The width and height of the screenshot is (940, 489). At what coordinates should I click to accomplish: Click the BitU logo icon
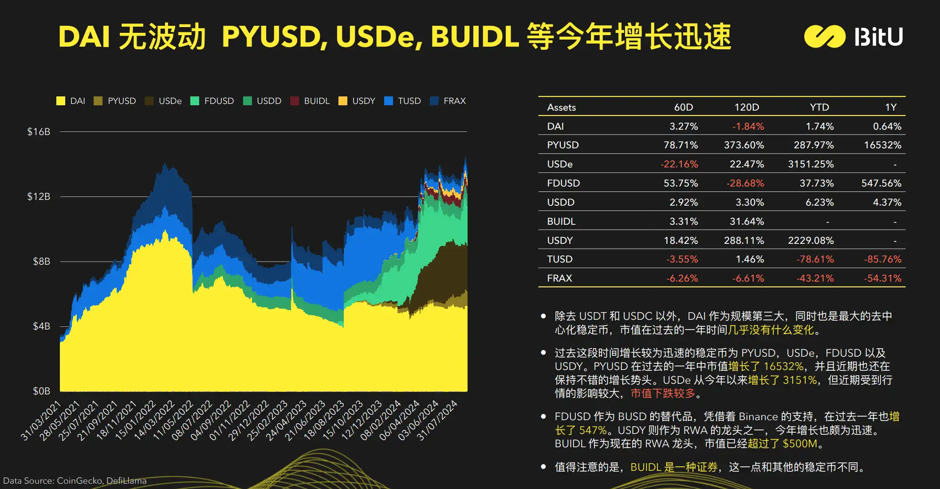point(825,36)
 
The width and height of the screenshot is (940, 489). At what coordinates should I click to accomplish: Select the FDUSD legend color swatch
point(194,101)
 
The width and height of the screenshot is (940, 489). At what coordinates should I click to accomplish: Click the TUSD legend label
point(409,101)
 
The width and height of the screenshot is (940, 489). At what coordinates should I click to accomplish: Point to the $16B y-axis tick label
point(39,131)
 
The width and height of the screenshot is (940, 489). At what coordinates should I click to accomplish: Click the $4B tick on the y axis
point(41,326)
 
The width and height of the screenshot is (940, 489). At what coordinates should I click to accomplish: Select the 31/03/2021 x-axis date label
point(41,420)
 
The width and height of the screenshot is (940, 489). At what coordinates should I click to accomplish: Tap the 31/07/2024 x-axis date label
point(437,420)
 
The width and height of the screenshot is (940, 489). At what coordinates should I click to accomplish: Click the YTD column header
point(819,107)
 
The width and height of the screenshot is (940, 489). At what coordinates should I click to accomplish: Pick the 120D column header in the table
point(747,107)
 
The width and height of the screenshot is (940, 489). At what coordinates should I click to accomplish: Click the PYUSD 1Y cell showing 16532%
point(882,145)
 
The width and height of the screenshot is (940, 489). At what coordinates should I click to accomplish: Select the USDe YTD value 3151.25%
point(810,164)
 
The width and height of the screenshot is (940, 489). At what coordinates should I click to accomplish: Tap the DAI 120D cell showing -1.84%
point(748,127)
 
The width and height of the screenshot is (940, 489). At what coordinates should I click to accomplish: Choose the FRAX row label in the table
point(559,278)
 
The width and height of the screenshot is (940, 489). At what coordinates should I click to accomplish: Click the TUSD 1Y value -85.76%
point(882,259)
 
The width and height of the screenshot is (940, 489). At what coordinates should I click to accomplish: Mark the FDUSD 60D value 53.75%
point(680,183)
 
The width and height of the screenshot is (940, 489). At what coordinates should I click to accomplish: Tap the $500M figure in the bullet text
point(800,444)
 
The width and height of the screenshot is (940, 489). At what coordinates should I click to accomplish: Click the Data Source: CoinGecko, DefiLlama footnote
point(75,481)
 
